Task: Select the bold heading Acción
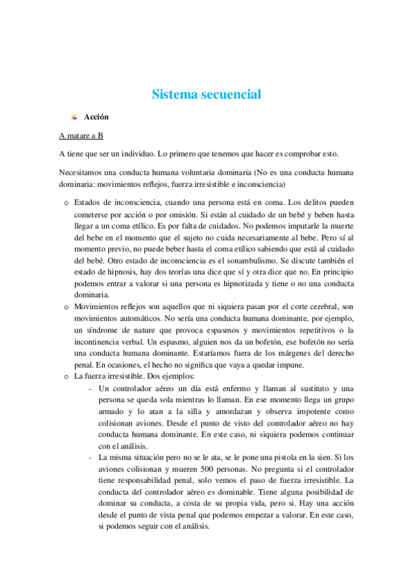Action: tap(97, 117)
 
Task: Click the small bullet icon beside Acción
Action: tap(74, 117)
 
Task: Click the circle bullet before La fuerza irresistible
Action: tap(66, 377)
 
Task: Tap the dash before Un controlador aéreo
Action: tap(92, 388)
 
